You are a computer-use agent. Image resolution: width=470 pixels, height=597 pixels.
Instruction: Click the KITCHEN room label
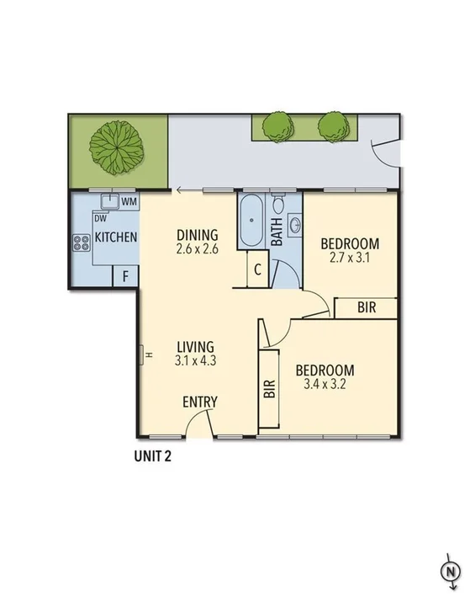pyautogui.click(x=115, y=237)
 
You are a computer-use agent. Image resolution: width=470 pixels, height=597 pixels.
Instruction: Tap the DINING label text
pyautogui.click(x=198, y=235)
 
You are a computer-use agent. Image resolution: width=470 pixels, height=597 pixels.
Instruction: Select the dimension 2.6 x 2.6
pyautogui.click(x=198, y=249)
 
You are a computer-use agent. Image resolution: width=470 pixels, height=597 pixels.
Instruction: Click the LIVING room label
pyautogui.click(x=195, y=346)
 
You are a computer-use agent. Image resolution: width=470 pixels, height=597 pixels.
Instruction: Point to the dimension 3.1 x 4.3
pyautogui.click(x=195, y=360)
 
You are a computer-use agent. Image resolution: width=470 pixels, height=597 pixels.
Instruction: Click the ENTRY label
pyautogui.click(x=200, y=402)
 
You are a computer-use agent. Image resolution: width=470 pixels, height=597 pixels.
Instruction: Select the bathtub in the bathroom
pyautogui.click(x=251, y=221)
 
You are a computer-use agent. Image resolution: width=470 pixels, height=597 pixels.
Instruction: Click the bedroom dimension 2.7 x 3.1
pyautogui.click(x=351, y=259)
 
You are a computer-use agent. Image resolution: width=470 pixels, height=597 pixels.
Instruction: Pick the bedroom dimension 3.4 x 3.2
pyautogui.click(x=324, y=385)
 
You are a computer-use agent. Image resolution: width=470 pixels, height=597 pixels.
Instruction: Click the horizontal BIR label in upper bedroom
pyautogui.click(x=367, y=308)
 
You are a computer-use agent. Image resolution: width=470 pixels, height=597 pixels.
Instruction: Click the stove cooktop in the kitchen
pyautogui.click(x=82, y=244)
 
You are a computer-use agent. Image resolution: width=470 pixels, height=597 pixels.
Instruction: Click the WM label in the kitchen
pyautogui.click(x=129, y=202)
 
